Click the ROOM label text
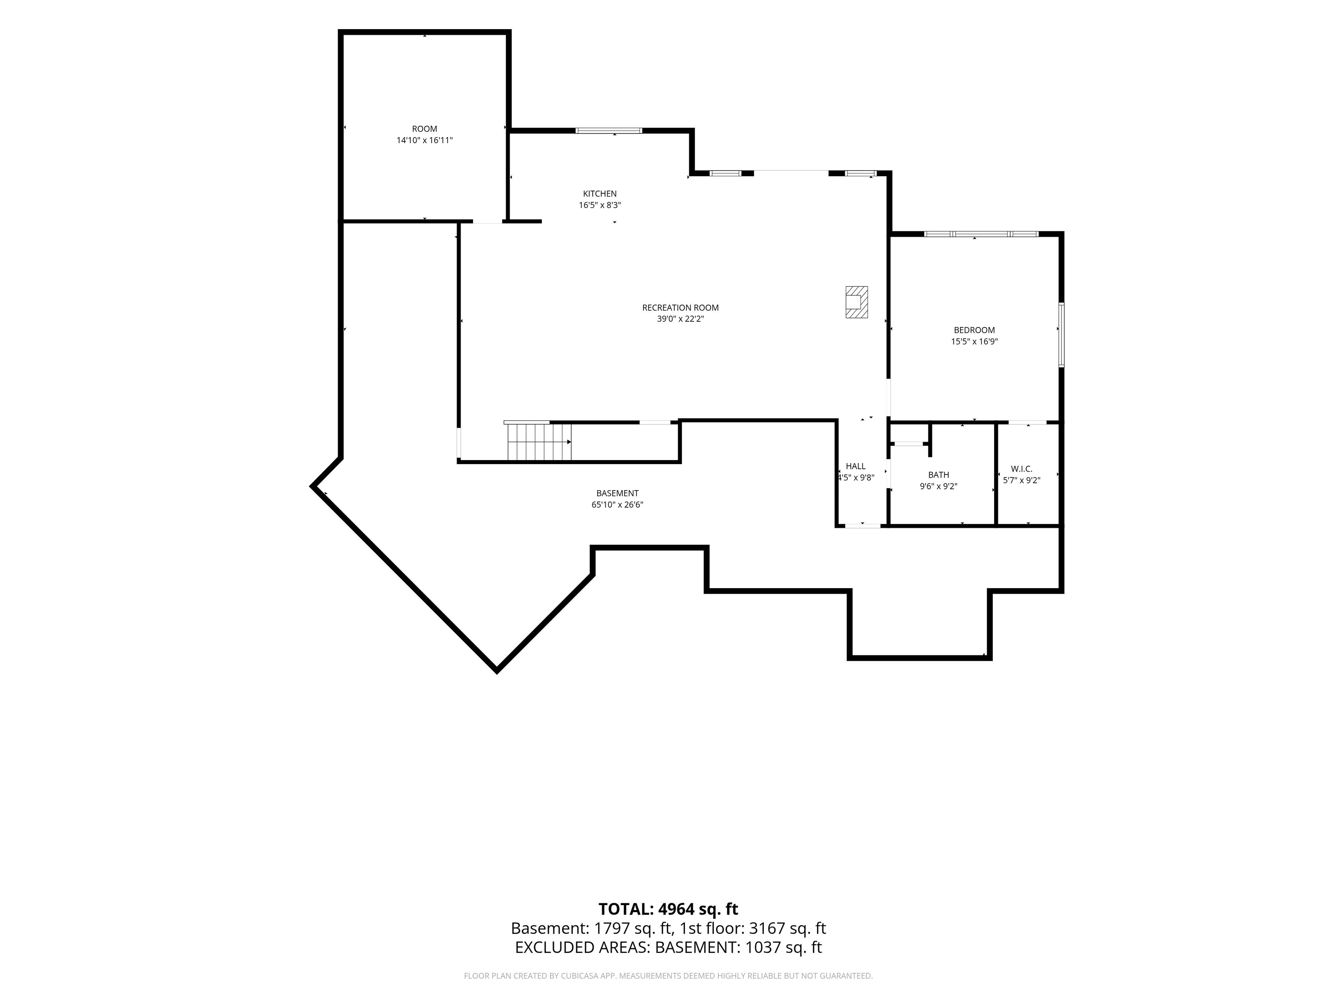click(424, 129)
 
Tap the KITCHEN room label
click(600, 193)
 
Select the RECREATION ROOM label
click(680, 308)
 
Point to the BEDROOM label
click(974, 330)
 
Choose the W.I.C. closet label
click(1021, 469)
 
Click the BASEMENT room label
click(617, 493)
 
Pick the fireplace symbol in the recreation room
click(857, 302)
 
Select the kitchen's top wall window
click(609, 131)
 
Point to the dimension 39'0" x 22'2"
click(680, 319)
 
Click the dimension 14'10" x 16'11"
click(424, 140)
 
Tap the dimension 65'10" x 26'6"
click(617, 505)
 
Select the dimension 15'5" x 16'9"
click(974, 342)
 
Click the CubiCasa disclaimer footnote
click(668, 993)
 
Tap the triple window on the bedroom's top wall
click(981, 234)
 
